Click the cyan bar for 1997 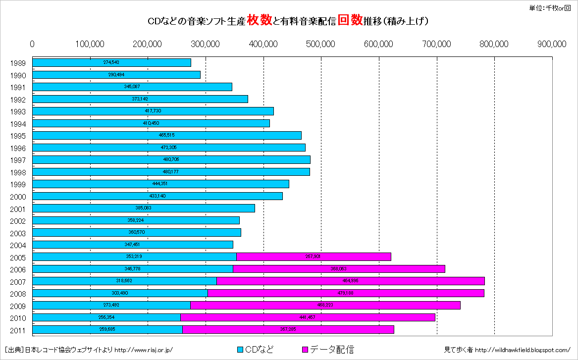171,159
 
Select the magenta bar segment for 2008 346,293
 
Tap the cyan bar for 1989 111,62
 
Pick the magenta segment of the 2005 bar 314,257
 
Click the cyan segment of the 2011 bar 107,329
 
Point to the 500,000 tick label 321,44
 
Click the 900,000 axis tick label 552,44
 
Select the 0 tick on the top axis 32,44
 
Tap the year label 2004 18,245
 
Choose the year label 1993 18,111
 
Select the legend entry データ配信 327,350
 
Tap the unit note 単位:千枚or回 549,7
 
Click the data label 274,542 111,62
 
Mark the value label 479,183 345,293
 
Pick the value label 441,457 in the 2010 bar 308,317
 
